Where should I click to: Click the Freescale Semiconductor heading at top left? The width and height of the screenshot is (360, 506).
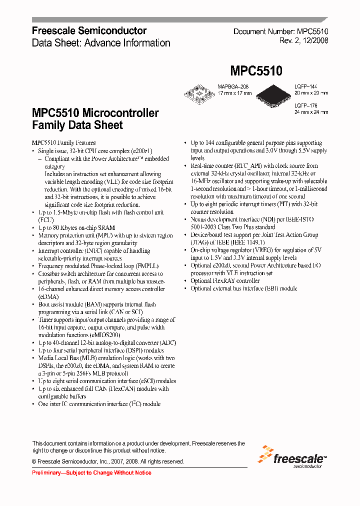(89, 31)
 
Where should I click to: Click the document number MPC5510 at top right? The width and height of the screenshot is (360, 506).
(281, 31)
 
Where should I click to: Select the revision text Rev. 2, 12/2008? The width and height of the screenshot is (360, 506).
(303, 41)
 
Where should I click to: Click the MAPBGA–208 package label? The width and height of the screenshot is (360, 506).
(232, 86)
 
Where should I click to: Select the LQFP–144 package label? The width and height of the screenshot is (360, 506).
(305, 86)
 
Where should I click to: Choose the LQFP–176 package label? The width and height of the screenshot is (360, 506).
(305, 105)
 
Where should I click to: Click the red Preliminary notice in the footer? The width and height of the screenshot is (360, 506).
(91, 472)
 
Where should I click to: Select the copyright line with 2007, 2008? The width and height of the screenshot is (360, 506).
(108, 461)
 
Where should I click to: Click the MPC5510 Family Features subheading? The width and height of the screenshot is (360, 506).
(63, 143)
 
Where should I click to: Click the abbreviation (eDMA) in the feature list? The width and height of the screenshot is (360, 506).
(48, 296)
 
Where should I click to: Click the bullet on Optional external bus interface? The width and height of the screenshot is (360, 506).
(244, 288)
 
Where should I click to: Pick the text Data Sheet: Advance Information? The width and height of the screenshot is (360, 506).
(101, 43)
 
